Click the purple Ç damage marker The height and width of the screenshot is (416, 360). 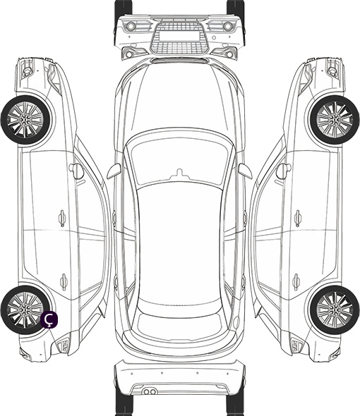49,320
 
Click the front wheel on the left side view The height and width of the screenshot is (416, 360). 25,120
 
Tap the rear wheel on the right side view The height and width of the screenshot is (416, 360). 335,310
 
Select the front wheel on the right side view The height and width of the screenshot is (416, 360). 335,120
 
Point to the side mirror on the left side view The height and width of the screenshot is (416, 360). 76,171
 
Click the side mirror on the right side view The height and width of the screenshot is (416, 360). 284,171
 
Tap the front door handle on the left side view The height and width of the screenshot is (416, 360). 62,218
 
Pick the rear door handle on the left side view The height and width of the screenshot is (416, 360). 64,281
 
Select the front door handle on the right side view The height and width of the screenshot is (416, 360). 298,218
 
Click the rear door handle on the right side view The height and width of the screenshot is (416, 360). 296,281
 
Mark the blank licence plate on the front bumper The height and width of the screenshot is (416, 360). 179,35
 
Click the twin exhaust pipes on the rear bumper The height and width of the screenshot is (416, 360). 150,391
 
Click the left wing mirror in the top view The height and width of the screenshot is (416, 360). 114,171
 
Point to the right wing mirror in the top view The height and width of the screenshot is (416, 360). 245,171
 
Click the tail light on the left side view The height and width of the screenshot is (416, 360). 64,345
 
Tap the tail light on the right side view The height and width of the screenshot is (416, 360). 296,345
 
